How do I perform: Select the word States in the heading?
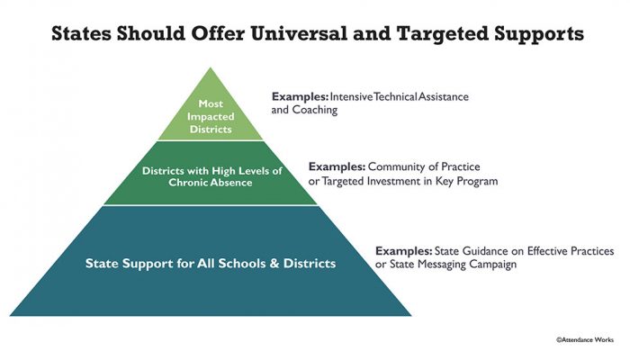coord(81,33)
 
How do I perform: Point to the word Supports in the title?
coord(539,35)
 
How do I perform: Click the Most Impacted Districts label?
coord(211,116)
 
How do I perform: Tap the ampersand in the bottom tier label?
coord(274,264)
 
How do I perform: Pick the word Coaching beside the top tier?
coord(315,110)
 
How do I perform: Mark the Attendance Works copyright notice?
coord(585,340)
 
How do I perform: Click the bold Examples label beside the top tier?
coord(300,97)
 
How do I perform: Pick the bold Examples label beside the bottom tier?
coord(404,251)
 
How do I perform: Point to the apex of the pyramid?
coord(211,67)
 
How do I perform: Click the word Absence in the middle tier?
coord(232,183)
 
